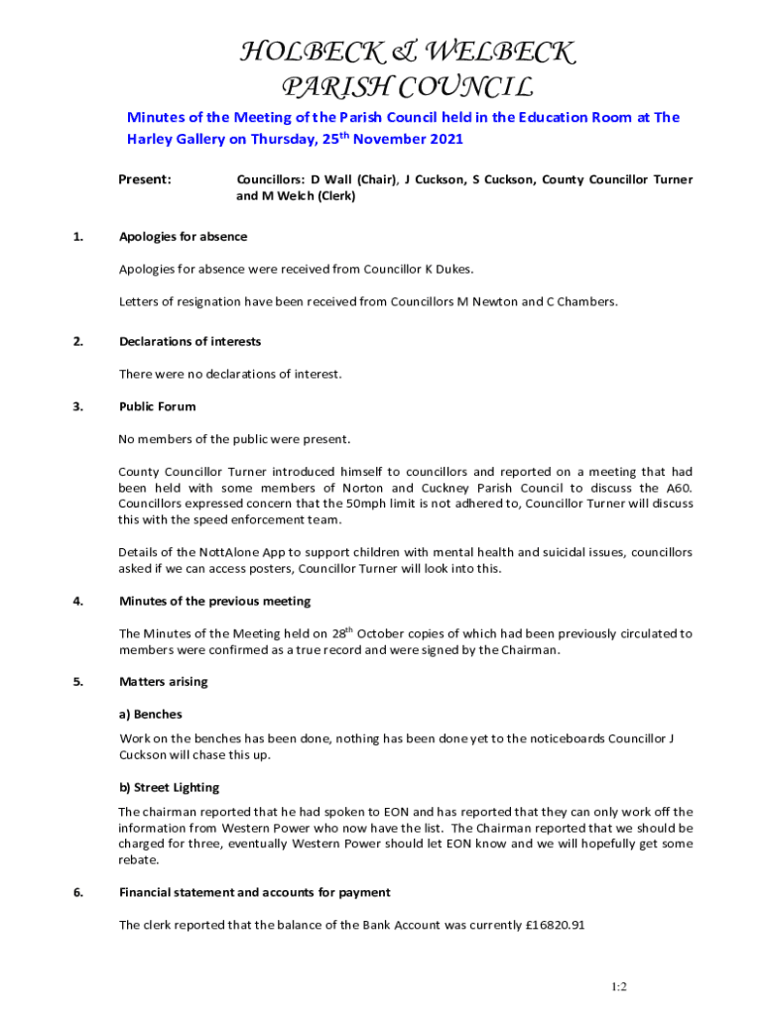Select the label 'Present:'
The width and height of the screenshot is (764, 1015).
point(145,179)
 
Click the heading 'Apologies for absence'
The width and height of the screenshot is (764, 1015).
point(184,237)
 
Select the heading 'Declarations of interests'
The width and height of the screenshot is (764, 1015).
point(191,342)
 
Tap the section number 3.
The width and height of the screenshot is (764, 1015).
point(77,406)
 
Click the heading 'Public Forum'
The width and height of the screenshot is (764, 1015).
point(158,406)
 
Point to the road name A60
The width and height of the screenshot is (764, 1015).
point(677,488)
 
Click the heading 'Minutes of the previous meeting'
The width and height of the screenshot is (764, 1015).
point(214,602)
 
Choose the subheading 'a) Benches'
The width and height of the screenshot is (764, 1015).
point(151,714)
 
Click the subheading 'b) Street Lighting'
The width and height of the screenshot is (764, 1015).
point(170,788)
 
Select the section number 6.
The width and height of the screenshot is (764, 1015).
point(77,892)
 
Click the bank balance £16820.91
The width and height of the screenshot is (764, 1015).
point(554,926)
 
